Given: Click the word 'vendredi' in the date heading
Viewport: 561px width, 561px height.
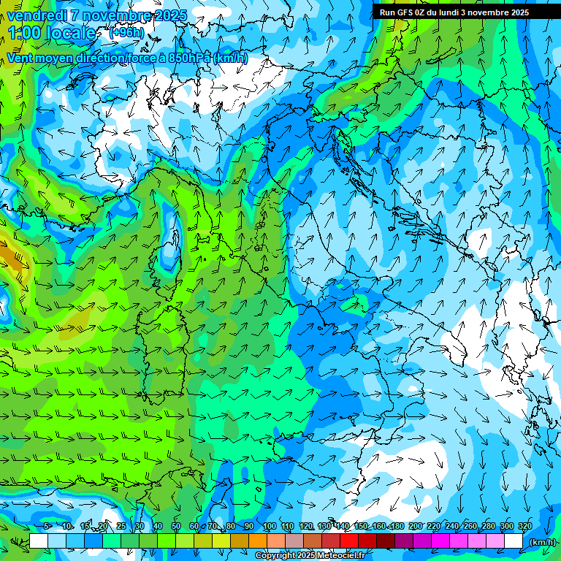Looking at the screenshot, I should (34, 15).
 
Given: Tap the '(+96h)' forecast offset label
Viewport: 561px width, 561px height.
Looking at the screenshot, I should (126, 33).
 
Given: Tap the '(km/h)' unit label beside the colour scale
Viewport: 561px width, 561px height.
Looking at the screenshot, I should (542, 542).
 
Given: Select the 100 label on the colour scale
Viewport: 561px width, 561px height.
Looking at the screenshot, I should (268, 527).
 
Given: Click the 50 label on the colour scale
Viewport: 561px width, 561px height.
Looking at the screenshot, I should (176, 527).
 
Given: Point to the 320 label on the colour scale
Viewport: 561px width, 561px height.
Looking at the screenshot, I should (524, 527).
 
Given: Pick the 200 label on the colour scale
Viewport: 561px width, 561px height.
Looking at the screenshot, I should (415, 527).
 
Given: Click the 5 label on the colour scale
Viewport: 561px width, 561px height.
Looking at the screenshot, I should (47, 527).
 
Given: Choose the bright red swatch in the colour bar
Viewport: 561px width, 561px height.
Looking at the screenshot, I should (349, 541).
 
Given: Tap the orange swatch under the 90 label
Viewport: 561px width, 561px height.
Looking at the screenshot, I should (257, 541).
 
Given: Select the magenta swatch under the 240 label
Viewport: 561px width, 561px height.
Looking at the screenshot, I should (459, 541).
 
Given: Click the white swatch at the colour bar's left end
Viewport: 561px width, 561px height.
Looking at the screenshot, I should (39, 541).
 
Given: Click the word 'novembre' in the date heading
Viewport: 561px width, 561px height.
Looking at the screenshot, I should (112, 15).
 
